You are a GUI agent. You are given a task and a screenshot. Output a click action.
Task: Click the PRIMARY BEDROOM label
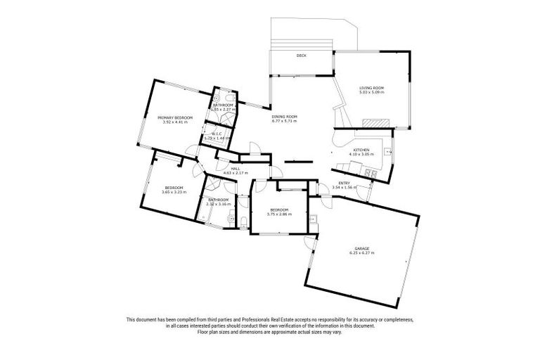(x=175, y=117)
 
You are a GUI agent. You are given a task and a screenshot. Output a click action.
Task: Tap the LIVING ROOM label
(x=371, y=88)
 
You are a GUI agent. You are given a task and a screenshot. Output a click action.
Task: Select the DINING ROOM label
(x=285, y=117)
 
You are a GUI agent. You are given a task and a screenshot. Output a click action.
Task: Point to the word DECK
(x=301, y=55)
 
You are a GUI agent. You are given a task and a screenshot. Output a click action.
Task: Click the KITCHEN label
(x=361, y=150)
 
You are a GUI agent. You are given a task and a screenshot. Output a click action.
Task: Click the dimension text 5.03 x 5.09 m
(x=371, y=93)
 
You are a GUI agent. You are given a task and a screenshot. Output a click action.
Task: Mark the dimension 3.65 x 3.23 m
(x=173, y=192)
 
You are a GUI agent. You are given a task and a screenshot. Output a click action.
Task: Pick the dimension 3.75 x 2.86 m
(x=279, y=214)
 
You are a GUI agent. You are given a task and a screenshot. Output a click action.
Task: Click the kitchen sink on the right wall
(x=389, y=150)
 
